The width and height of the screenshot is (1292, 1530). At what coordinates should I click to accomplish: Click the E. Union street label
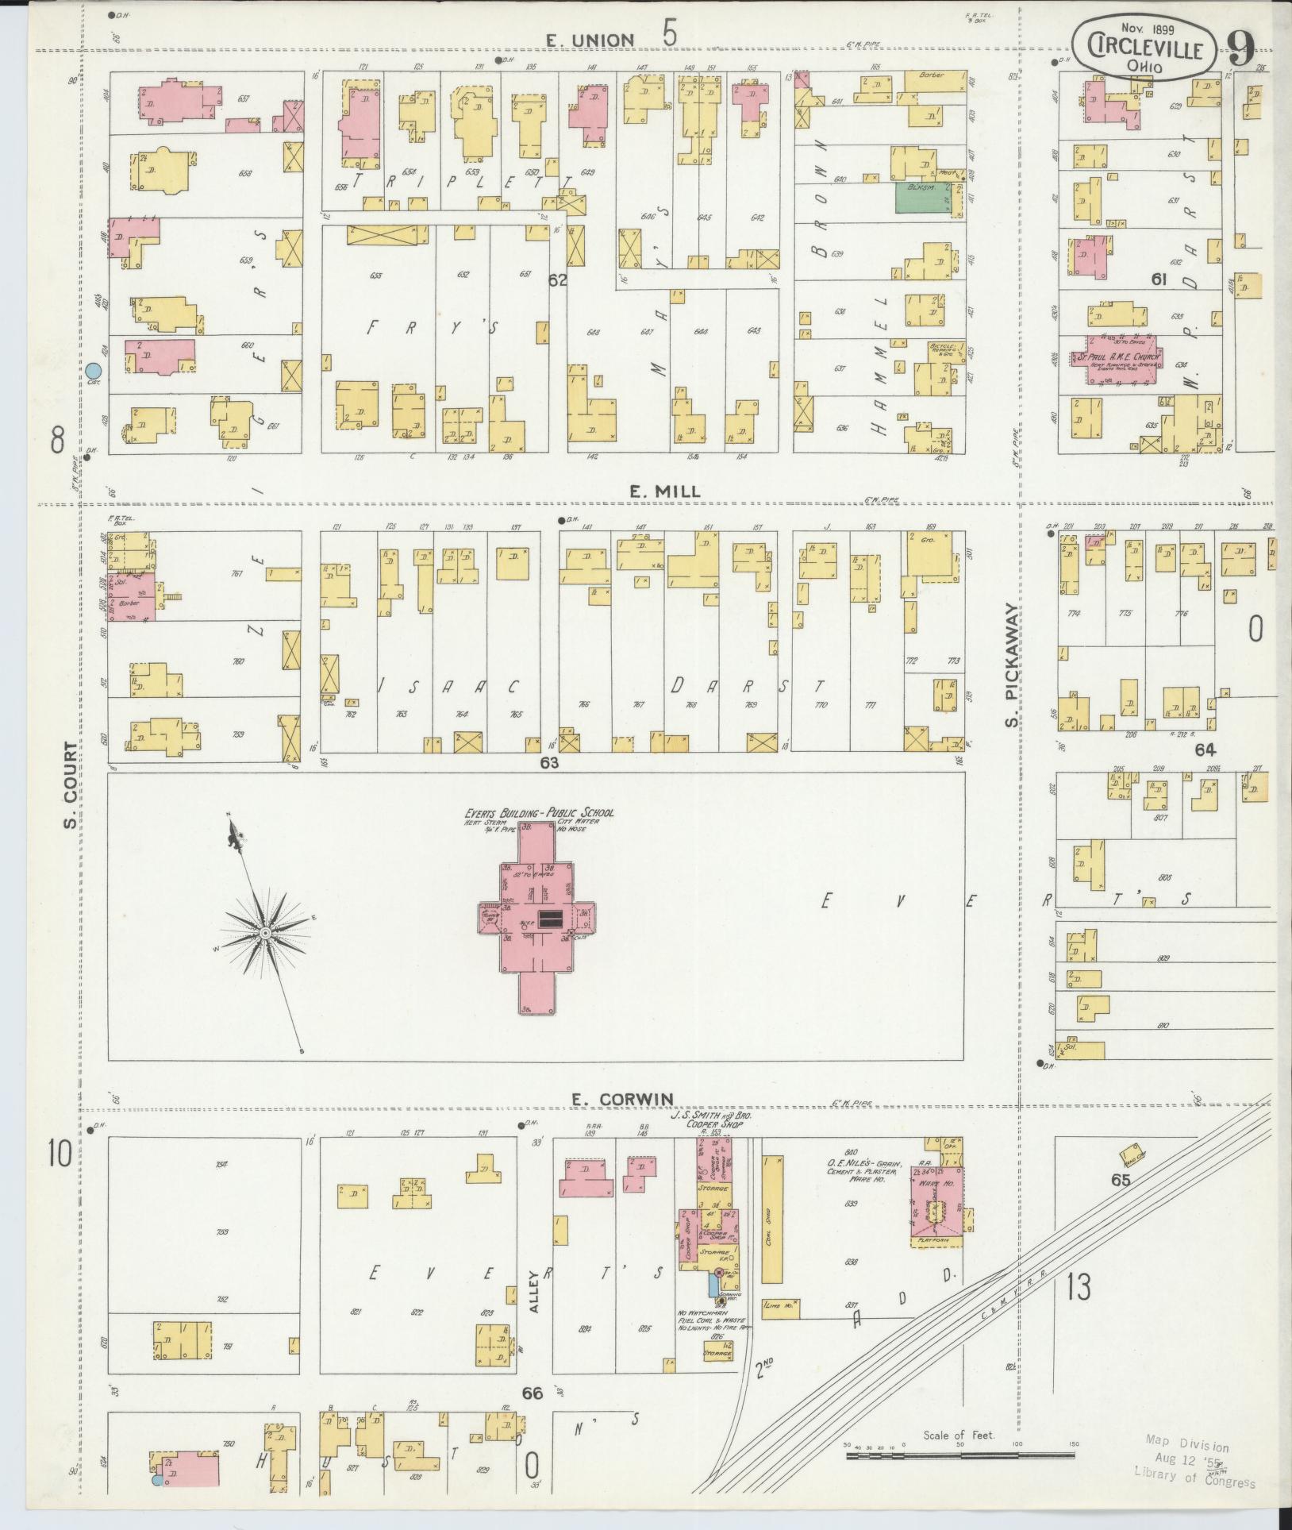589,39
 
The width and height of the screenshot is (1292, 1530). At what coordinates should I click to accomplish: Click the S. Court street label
71,784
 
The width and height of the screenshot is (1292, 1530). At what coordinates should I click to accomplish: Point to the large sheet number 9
1240,48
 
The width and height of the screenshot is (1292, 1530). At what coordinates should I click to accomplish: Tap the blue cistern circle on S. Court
94,370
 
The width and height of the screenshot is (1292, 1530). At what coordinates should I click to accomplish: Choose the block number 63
549,763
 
